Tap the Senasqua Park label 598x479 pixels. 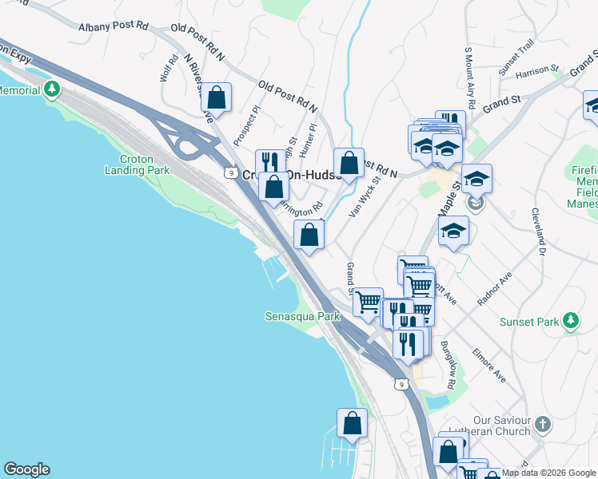[302, 317]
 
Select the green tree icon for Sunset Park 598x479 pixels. [570, 321]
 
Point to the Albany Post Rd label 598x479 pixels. [114, 26]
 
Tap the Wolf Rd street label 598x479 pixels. [168, 68]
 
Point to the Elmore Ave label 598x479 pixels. [488, 363]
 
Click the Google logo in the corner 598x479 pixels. [26, 469]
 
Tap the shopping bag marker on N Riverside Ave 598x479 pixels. [216, 97]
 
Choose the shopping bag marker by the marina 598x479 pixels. [352, 423]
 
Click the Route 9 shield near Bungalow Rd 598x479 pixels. [401, 385]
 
